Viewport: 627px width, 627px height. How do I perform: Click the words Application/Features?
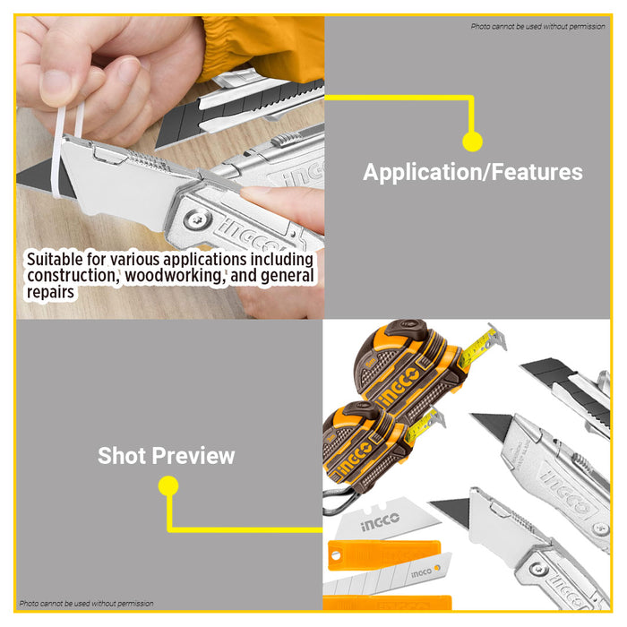[473, 172]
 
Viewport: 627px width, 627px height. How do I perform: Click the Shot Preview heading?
[166, 455]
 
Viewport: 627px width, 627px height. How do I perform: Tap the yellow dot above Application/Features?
[472, 142]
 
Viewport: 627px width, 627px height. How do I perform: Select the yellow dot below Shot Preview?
[168, 485]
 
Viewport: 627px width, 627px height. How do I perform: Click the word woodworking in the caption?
[173, 276]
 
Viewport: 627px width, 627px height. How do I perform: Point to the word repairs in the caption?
[50, 292]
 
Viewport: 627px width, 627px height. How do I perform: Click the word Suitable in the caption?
[55, 259]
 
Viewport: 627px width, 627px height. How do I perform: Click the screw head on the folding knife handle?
[197, 219]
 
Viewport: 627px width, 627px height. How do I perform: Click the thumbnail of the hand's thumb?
[56, 85]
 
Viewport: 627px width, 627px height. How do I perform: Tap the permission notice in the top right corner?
[537, 26]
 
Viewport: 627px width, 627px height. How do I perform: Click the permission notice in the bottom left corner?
[86, 603]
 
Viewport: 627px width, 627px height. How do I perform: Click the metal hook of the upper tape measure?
[499, 337]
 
